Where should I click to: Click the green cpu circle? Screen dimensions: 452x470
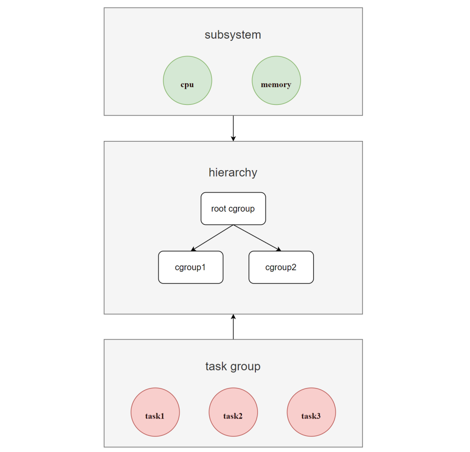click(188, 81)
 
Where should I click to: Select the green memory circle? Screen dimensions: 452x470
click(276, 81)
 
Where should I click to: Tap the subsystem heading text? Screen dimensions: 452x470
click(233, 35)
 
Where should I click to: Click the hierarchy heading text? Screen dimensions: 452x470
click(233, 172)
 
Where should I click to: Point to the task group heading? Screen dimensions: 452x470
click(233, 366)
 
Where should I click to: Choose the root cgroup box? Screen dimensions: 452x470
click(233, 209)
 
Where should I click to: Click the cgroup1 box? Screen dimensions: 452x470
click(191, 267)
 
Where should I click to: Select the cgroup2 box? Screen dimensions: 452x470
click(281, 267)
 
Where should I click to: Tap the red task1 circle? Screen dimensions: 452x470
click(155, 412)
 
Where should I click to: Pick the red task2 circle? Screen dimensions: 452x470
click(233, 412)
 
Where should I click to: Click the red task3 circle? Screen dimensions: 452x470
click(311, 412)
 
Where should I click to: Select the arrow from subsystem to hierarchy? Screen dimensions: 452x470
click(233, 127)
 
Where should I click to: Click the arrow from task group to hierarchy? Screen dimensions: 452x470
click(233, 327)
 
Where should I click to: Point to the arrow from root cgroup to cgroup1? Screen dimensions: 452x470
click(213, 238)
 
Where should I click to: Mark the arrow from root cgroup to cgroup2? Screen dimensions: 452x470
click(257, 238)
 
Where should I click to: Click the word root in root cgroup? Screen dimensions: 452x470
click(218, 209)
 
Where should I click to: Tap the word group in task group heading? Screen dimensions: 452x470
click(245, 366)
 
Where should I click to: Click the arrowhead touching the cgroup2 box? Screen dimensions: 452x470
click(279, 249)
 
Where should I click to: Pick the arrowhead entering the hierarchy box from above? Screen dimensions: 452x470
click(233, 138)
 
